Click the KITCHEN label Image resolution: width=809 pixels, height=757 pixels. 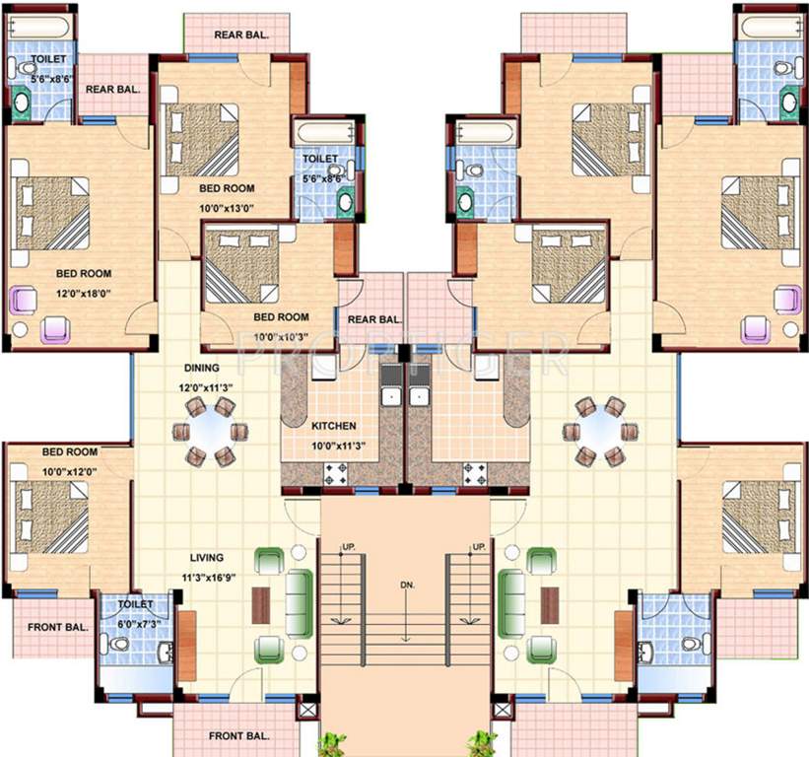333,427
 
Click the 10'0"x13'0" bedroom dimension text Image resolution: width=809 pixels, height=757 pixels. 227,207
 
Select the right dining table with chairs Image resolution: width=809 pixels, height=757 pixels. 600,430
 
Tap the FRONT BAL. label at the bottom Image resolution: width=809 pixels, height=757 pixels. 239,735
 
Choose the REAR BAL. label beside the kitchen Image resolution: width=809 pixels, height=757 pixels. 374,318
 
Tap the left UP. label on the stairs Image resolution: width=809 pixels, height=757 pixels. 348,547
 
